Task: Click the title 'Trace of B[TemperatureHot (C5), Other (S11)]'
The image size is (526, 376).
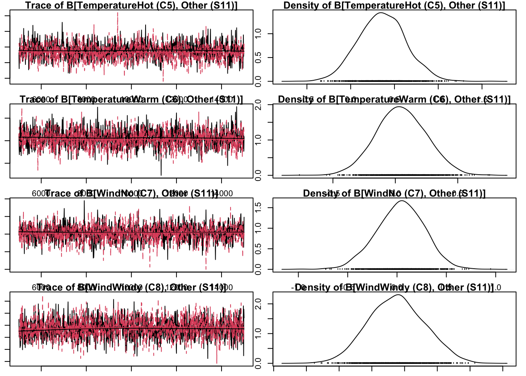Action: (x=131, y=5)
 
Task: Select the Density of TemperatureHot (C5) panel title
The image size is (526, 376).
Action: (x=394, y=5)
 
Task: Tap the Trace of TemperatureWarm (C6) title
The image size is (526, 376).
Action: (x=131, y=99)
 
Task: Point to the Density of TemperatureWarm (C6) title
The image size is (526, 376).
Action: (x=394, y=99)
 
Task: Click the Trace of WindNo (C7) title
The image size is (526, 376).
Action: (x=131, y=193)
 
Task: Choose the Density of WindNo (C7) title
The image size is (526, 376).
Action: (x=394, y=193)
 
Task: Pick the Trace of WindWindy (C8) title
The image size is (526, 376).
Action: (x=131, y=287)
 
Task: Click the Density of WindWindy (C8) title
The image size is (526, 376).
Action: (x=394, y=287)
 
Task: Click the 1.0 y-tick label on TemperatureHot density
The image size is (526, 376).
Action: (x=258, y=34)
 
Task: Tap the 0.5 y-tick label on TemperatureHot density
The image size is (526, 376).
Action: (x=258, y=58)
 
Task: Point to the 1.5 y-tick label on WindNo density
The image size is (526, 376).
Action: (x=258, y=207)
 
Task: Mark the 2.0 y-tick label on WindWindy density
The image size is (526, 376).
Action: (x=258, y=304)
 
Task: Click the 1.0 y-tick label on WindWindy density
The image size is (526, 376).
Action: (x=258, y=334)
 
